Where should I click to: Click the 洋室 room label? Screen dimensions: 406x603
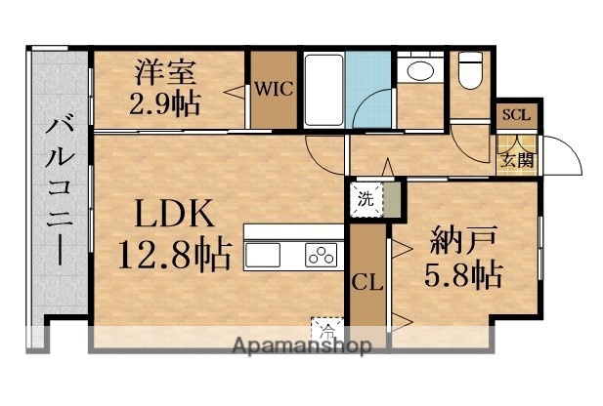[166, 72]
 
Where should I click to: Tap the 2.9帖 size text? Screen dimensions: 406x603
[166, 101]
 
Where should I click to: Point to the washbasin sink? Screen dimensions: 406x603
[421, 70]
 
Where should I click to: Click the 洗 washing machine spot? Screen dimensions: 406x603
[364, 200]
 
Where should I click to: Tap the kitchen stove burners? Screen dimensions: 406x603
[322, 257]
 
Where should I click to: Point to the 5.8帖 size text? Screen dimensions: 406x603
[463, 277]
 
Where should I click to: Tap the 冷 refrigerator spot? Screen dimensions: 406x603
[323, 328]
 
